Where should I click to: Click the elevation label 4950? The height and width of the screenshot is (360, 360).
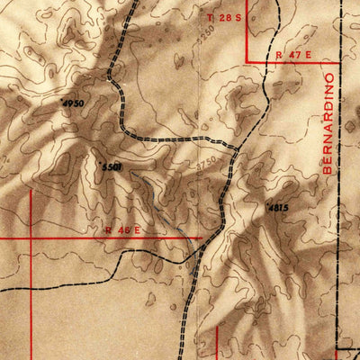coord(73,103)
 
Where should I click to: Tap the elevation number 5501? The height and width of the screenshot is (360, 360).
coord(112,167)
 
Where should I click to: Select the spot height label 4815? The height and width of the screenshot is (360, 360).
coord(278,208)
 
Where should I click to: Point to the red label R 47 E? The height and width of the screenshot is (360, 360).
coord(294,55)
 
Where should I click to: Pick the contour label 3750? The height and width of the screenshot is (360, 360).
coord(205,163)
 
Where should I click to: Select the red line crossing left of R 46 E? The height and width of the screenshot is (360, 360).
coord(31,238)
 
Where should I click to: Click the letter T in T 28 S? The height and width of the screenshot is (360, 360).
coord(211,18)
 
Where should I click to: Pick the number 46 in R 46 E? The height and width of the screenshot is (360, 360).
coord(125,230)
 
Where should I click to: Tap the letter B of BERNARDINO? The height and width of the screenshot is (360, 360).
coord(327,170)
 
